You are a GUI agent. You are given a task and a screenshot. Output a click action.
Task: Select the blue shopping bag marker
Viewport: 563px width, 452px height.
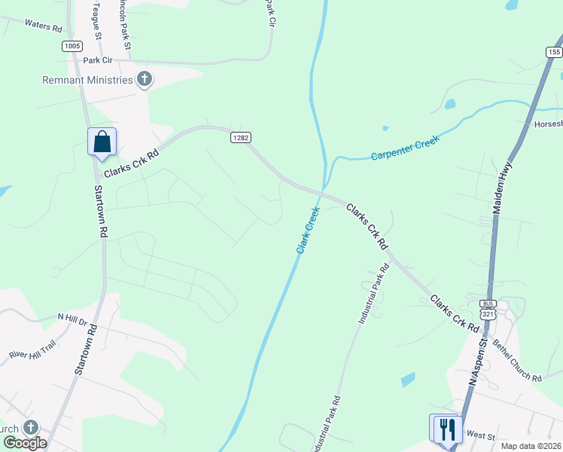coord(102,142)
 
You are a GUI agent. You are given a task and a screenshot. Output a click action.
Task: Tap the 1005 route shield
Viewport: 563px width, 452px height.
coord(72,46)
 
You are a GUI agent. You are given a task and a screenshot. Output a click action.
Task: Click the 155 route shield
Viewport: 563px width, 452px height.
coord(554,52)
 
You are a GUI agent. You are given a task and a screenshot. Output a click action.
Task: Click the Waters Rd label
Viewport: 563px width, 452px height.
coord(43,26)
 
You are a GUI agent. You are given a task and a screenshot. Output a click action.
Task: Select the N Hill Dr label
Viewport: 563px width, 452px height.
coord(73,318)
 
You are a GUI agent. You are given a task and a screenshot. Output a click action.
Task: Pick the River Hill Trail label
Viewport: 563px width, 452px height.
coord(32,348)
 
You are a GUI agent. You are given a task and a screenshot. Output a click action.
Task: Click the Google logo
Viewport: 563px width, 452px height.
coord(25,443)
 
